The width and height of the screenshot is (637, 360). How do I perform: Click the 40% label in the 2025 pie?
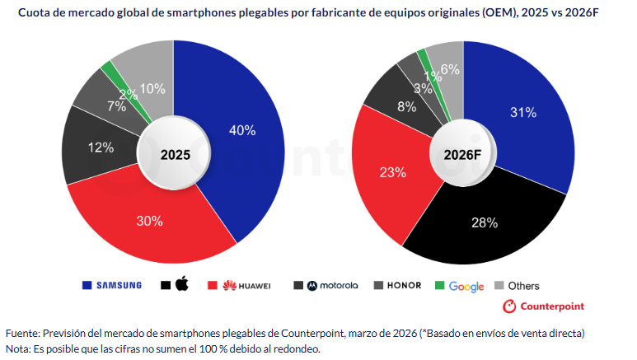pos(242,130)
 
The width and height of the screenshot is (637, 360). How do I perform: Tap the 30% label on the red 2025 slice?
pos(149,221)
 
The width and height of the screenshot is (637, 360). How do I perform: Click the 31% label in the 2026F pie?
pos(523,113)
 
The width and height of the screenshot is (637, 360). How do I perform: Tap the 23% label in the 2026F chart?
pos(393,172)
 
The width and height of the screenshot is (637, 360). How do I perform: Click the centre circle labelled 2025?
pos(174,154)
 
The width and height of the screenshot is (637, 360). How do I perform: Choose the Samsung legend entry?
pos(112,286)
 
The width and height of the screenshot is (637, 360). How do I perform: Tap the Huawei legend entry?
pos(246,286)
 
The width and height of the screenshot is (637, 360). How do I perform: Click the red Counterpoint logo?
pos(543,306)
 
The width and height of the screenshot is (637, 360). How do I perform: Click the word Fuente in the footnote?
pos(22,333)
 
